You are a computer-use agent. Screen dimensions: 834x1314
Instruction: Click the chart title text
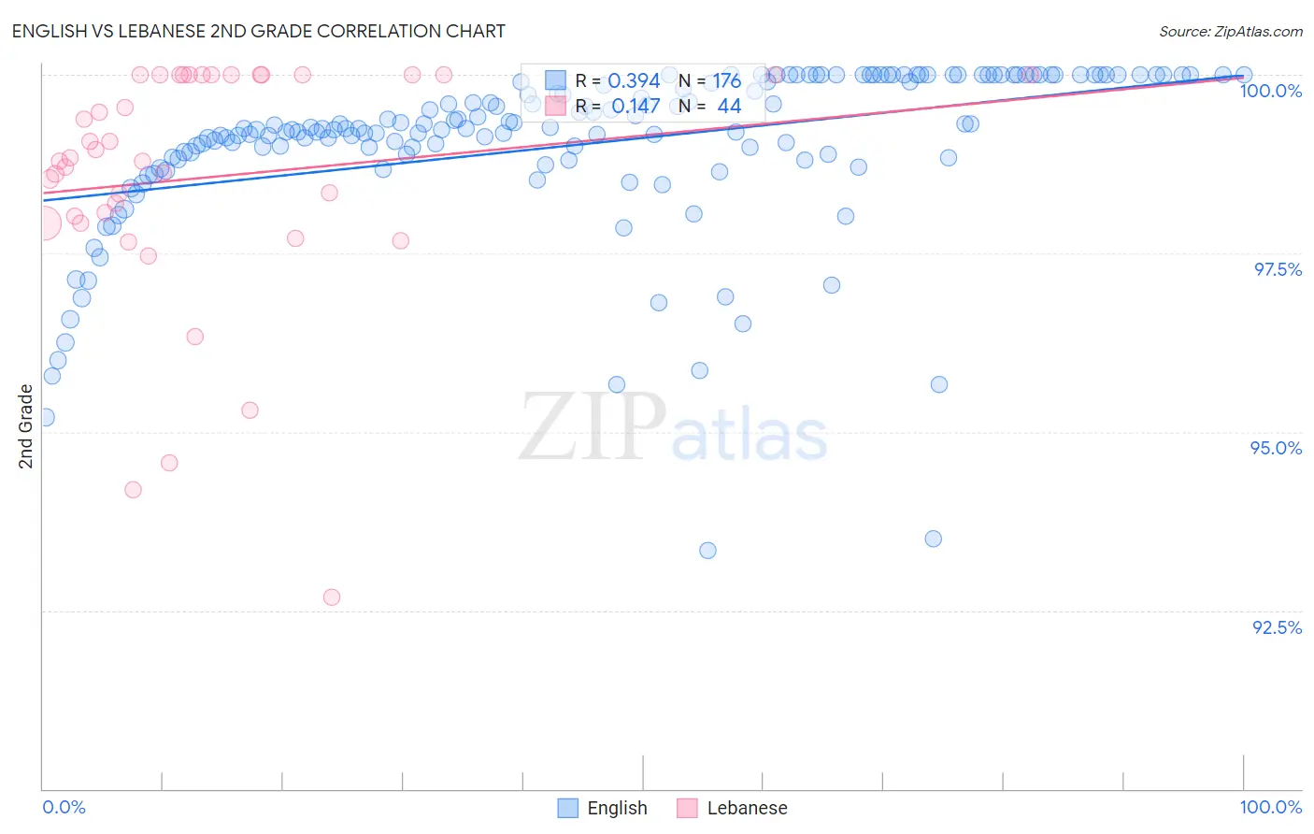258,31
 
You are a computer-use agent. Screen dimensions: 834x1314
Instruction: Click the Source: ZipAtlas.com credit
1230,31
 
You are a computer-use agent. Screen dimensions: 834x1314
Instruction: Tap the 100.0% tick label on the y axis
1270,91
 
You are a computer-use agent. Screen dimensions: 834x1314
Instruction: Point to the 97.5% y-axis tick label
1278,269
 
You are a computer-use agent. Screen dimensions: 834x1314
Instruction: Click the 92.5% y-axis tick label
1277,627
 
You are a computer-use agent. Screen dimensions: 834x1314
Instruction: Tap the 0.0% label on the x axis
64,807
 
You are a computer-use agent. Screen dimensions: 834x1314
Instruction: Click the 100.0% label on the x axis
1270,807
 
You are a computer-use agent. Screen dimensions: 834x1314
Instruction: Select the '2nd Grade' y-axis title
26,426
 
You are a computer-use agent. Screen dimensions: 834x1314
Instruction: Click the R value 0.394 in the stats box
634,80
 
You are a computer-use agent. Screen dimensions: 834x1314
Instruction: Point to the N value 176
726,80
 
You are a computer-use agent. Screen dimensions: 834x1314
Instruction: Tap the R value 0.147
636,107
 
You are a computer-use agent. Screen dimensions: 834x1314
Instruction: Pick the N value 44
729,107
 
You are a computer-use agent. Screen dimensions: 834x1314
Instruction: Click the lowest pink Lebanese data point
332,597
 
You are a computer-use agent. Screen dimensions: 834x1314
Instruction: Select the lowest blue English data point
707,551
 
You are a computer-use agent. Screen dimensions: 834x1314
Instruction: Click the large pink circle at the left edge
43,223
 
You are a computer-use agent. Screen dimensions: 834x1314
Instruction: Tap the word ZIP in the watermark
593,427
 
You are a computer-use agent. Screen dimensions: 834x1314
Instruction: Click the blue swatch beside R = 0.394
555,80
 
